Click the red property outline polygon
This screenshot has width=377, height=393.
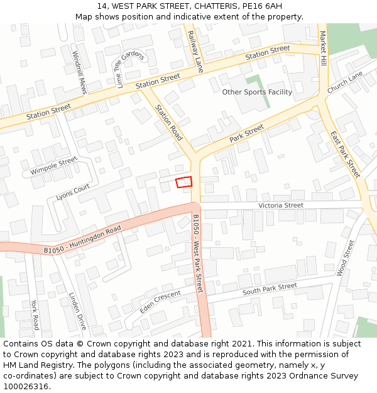click(183, 182)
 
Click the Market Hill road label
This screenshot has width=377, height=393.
click(323, 48)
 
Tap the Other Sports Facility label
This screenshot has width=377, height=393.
click(257, 92)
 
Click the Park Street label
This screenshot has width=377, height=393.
click(246, 133)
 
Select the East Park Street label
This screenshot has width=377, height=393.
click(345, 154)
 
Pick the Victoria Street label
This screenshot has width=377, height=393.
click(281, 206)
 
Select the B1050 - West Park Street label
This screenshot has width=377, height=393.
click(198, 253)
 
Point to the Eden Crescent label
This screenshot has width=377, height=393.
click(160, 302)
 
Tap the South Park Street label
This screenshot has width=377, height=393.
click(270, 289)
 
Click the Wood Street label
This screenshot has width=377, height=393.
click(346, 258)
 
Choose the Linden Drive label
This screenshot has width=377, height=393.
click(78, 311)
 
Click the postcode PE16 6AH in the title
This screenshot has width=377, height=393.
click(260, 6)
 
